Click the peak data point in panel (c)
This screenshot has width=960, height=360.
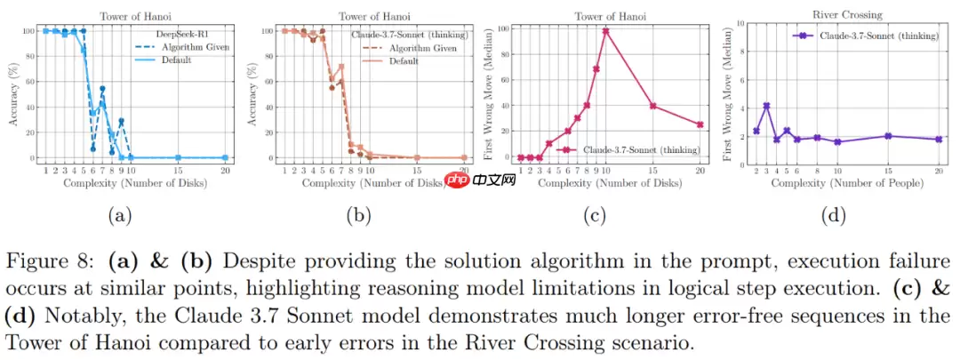(x=605, y=31)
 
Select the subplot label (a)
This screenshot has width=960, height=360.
(x=118, y=214)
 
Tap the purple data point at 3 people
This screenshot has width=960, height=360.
(x=766, y=106)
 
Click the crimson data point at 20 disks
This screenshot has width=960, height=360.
(x=700, y=125)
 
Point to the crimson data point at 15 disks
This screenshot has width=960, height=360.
(x=652, y=106)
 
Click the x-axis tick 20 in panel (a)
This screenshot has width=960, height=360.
(x=226, y=169)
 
